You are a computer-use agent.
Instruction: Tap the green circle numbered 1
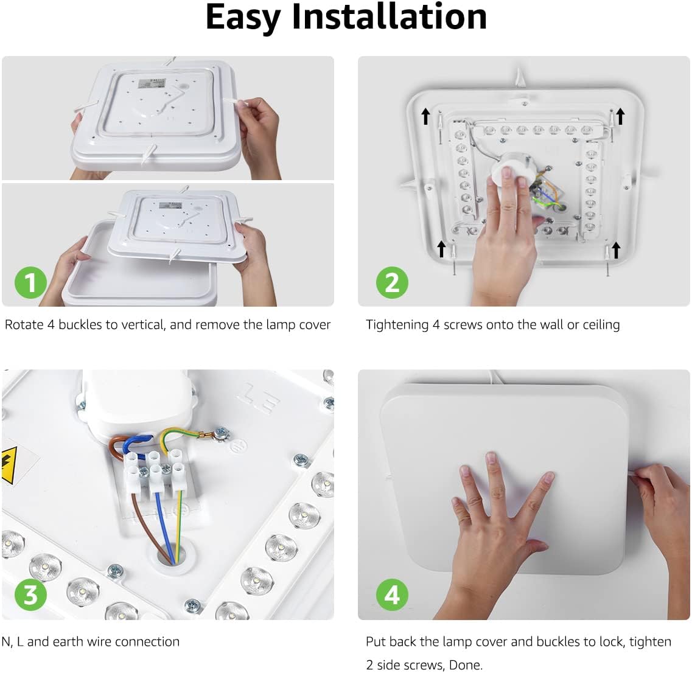pos(30,282)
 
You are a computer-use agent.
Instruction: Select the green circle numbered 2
pos(392,282)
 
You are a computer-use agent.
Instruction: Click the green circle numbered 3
pos(30,595)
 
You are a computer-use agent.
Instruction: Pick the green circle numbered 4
pos(392,595)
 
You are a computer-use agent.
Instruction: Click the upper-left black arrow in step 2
pos(425,116)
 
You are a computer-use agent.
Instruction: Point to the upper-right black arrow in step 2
pos(621,116)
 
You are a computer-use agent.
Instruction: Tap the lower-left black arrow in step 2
pos(441,249)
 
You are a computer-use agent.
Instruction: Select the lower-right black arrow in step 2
pos(616,249)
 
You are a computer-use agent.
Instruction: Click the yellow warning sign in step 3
pos(9,465)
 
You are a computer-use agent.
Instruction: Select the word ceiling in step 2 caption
pos(601,325)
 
